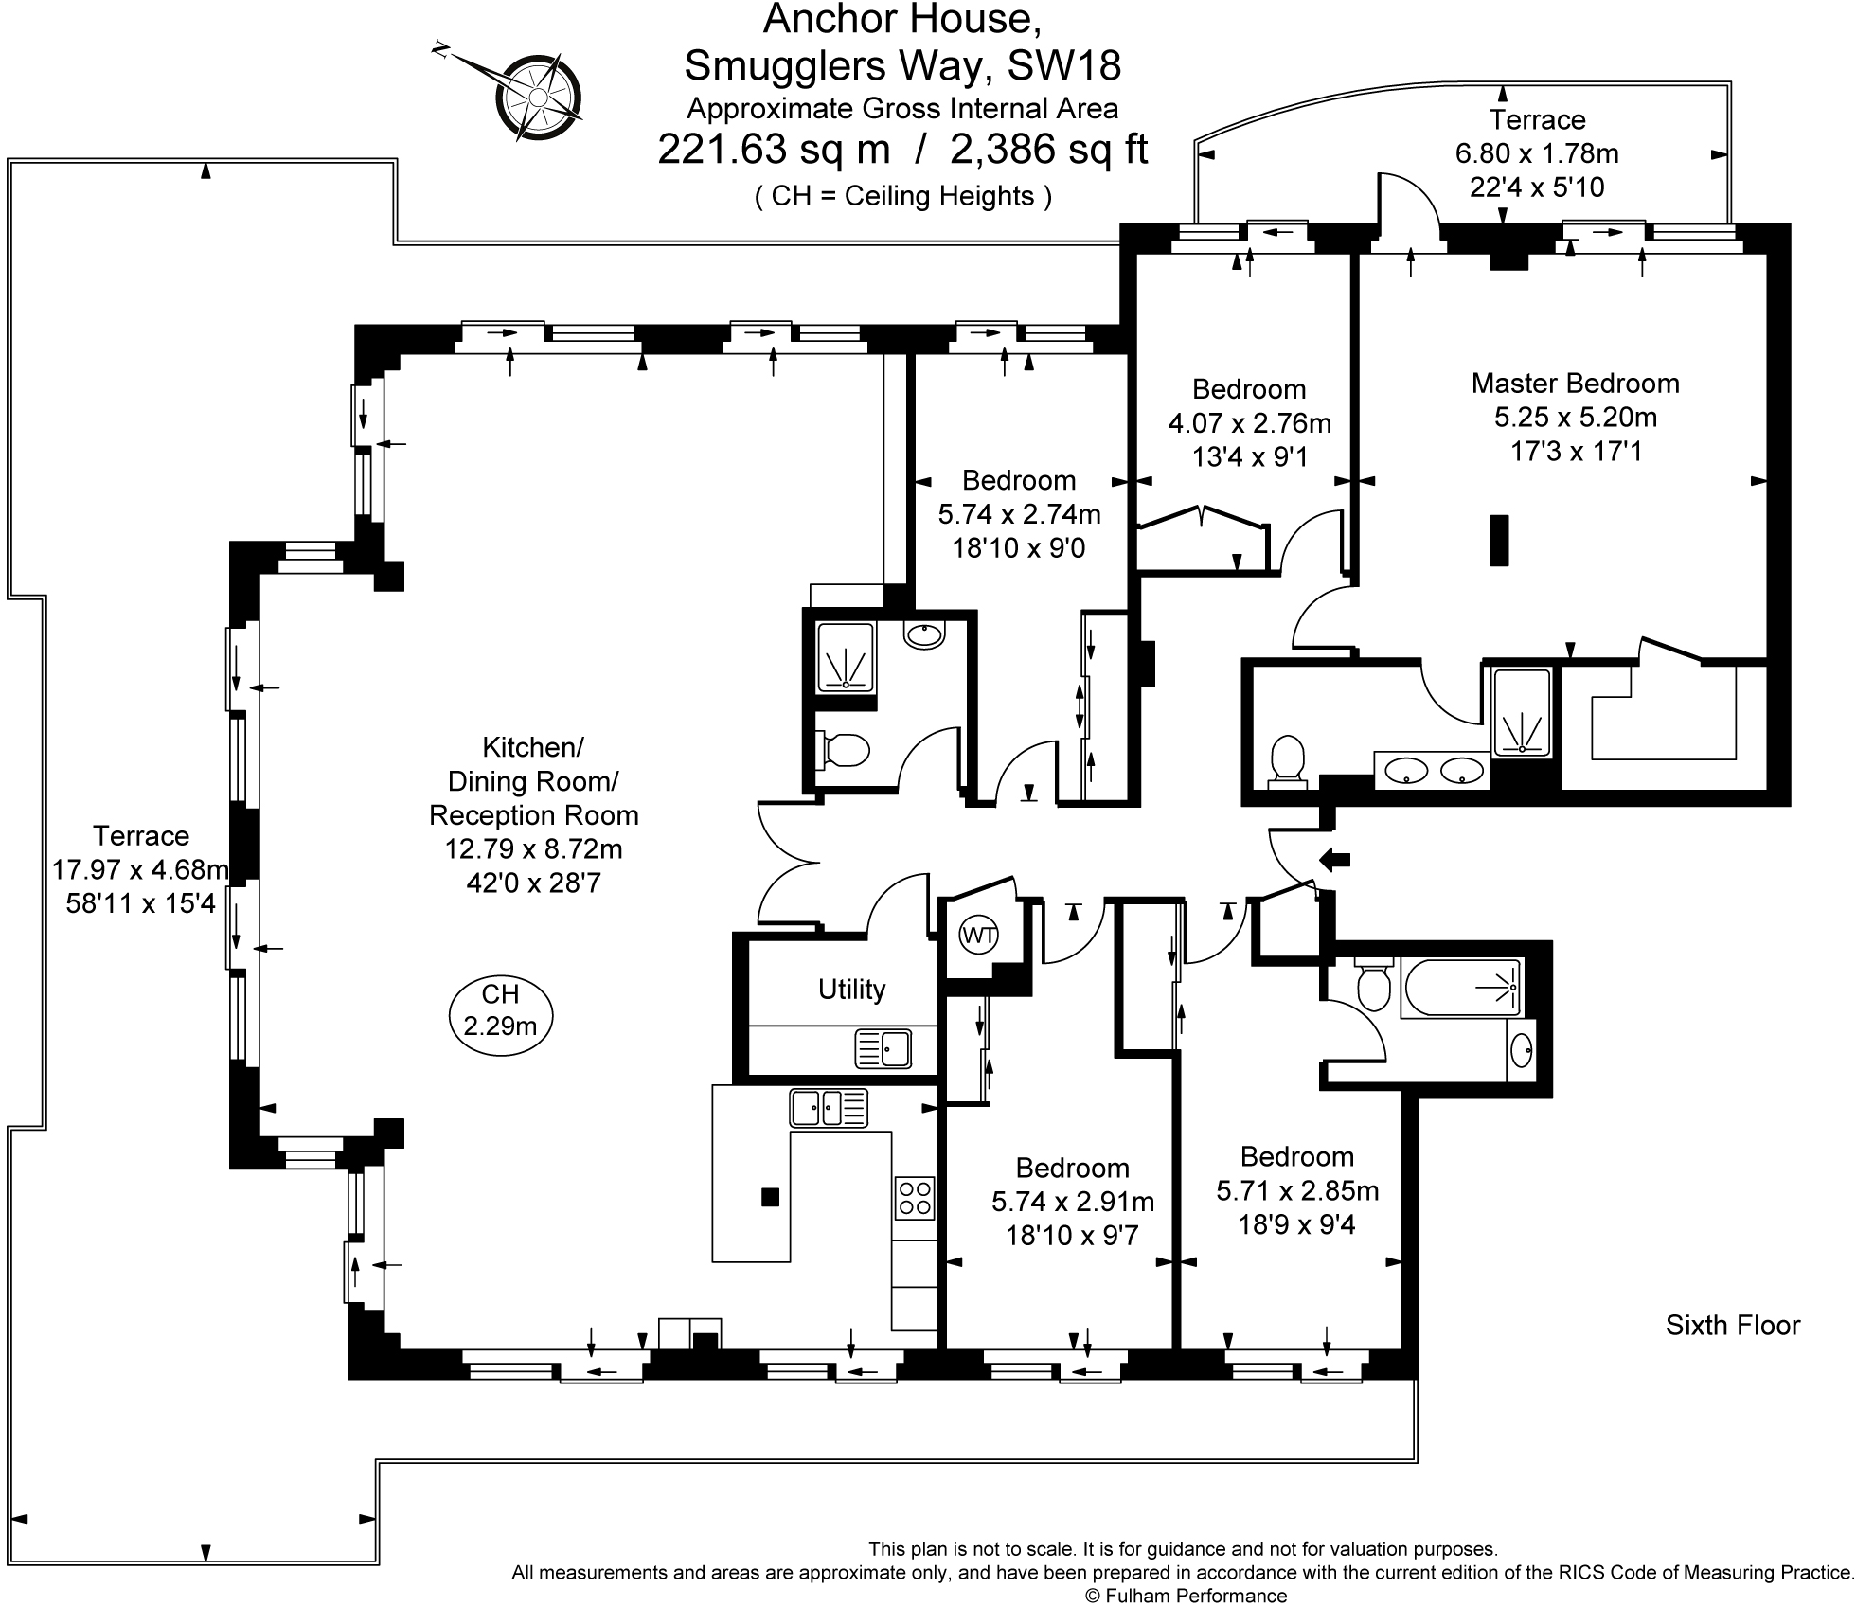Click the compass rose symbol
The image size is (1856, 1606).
pyautogui.click(x=537, y=96)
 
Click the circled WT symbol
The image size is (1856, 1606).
pyautogui.click(x=978, y=937)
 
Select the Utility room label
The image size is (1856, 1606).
pyautogui.click(x=851, y=989)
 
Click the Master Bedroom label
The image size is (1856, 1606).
pyautogui.click(x=1575, y=383)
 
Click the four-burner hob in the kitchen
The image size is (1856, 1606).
pyautogui.click(x=914, y=1198)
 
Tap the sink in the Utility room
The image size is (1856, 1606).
pyautogui.click(x=883, y=1048)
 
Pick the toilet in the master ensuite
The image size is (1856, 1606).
pyautogui.click(x=1287, y=760)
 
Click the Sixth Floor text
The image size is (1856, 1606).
pyautogui.click(x=1732, y=1325)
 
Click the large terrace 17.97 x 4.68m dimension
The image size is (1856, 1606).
pyautogui.click(x=140, y=869)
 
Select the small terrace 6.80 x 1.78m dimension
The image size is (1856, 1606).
pyautogui.click(x=1536, y=152)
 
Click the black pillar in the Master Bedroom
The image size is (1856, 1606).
pyautogui.click(x=1499, y=540)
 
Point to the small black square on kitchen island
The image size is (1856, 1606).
pyautogui.click(x=770, y=1197)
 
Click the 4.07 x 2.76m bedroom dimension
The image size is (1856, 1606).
pyautogui.click(x=1249, y=422)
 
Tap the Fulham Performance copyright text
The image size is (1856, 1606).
pyautogui.click(x=1186, y=1596)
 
